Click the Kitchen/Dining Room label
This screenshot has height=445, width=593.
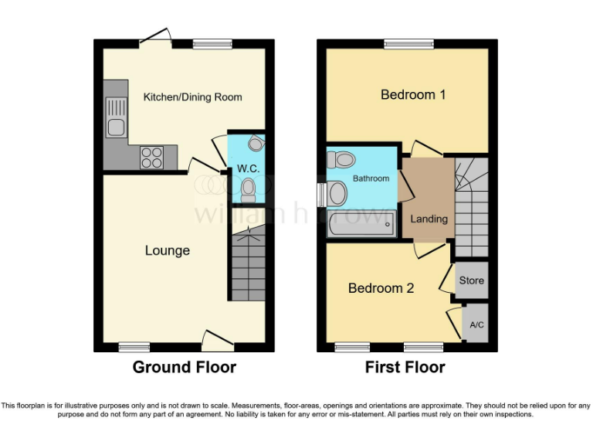tap(192, 97)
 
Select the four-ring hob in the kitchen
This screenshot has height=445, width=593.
tap(151, 157)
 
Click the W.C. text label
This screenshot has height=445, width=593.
tap(247, 168)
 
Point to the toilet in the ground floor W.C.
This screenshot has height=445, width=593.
tap(248, 189)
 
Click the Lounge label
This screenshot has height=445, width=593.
tap(168, 250)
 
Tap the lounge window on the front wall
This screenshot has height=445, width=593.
tap(134, 348)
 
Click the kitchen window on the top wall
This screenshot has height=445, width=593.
tap(206, 44)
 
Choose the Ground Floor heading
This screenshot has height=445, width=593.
tap(185, 367)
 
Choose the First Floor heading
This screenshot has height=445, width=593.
tap(405, 367)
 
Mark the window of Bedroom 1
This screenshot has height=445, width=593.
tap(409, 44)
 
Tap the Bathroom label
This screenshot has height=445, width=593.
tap(371, 178)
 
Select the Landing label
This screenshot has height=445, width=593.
tap(429, 219)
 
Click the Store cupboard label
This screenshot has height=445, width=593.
tap(471, 280)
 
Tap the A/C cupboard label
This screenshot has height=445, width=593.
tap(476, 325)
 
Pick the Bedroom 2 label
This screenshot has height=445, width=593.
tap(381, 288)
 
